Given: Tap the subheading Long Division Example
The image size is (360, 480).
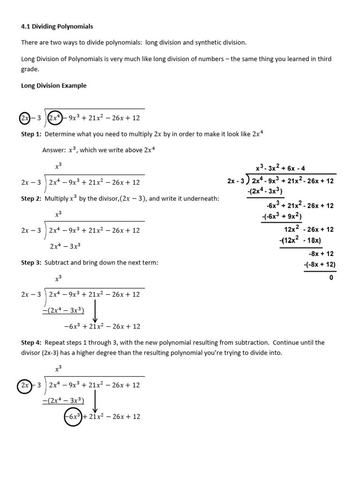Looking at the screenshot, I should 54,86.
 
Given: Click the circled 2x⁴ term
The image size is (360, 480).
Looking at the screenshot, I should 56,118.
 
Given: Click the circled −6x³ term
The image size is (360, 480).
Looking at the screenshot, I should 73,417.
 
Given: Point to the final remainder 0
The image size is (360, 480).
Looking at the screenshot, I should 331,277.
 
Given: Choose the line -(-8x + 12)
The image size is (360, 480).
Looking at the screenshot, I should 320,265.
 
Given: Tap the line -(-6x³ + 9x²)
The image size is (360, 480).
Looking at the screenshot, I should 281,217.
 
